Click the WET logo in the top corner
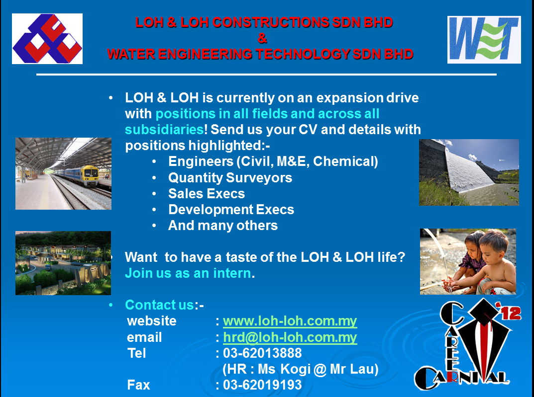coord(484,39)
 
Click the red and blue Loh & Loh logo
coord(47,39)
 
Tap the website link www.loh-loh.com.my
coord(290,321)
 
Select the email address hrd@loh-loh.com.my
coord(290,338)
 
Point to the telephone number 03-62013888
coord(262,353)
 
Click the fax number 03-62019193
coord(262,385)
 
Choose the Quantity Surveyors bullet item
coord(230,177)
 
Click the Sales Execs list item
coord(207,193)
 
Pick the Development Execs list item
coord(231,209)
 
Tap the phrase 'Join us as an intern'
coord(188,273)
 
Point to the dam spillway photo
coord(468,172)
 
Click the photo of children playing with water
coord(468,261)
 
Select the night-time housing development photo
coord(63,263)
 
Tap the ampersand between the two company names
coord(262,38)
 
